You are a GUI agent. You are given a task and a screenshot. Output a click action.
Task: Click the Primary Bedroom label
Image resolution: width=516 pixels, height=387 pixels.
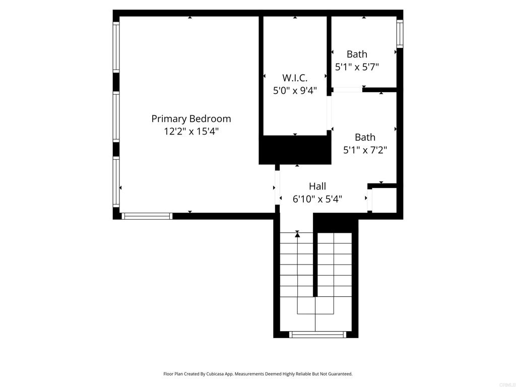(191, 119)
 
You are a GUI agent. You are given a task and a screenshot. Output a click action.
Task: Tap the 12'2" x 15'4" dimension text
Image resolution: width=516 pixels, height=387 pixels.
(191, 132)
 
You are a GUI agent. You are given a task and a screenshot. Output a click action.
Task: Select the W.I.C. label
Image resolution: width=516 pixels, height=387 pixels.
(295, 78)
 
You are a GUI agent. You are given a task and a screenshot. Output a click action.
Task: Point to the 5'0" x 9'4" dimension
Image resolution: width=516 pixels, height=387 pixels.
(295, 91)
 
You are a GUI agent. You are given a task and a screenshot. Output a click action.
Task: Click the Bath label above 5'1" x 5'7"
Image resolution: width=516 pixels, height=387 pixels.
(357, 54)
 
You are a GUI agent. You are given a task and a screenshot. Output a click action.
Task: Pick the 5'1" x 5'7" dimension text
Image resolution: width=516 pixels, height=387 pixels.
(357, 67)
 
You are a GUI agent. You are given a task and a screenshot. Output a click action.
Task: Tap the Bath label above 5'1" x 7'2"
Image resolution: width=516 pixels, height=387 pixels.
(365, 137)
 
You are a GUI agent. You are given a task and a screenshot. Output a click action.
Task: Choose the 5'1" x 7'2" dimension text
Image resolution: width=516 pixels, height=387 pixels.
(365, 150)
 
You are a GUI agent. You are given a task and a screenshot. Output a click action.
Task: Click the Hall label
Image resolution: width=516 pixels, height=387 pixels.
(317, 186)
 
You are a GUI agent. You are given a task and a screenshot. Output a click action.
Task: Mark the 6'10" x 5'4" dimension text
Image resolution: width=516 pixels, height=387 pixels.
(317, 199)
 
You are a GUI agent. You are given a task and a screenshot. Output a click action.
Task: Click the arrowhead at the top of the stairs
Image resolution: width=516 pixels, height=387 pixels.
(297, 234)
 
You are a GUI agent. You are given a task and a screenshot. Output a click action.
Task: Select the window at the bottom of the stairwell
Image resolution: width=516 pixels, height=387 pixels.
(317, 334)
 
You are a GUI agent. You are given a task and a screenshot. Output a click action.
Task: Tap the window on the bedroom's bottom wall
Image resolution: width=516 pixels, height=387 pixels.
(147, 216)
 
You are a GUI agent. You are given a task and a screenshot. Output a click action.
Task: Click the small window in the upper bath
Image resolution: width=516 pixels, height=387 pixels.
(400, 33)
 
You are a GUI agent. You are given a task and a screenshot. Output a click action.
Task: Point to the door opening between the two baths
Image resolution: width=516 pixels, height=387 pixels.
(347, 90)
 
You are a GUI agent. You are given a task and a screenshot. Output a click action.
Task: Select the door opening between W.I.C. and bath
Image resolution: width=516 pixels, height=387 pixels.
(330, 113)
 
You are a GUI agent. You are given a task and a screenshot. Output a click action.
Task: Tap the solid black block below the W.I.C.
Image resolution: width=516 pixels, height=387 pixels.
(295, 150)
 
